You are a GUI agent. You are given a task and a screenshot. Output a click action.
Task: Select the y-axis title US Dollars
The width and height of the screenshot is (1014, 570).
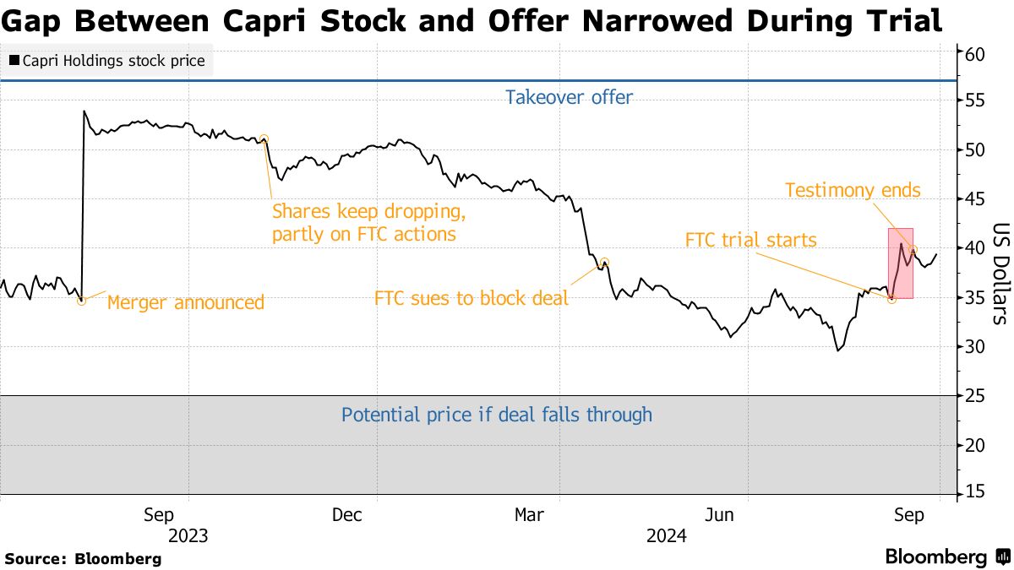(x=1000, y=274)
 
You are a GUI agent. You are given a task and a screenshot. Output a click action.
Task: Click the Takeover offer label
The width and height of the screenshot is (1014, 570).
(x=569, y=97)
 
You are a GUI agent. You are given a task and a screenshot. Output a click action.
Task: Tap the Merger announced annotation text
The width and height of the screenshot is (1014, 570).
(x=186, y=301)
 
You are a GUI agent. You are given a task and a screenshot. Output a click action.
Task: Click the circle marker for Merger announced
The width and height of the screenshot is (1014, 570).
(x=81, y=301)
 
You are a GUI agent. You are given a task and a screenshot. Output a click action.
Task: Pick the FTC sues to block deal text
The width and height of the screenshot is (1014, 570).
(x=472, y=298)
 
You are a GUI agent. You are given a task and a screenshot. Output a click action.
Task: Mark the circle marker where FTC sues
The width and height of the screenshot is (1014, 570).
(x=604, y=263)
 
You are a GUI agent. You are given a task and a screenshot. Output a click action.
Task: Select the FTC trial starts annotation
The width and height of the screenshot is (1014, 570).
(x=750, y=241)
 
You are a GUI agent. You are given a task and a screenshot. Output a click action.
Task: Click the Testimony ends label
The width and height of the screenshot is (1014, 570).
(x=853, y=190)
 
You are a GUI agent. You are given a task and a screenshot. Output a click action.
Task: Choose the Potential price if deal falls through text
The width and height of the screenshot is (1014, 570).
(x=497, y=415)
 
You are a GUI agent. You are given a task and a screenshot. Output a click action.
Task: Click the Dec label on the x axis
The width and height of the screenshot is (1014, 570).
(x=347, y=515)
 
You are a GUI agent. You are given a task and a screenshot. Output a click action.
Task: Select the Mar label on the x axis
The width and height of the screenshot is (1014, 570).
(x=531, y=515)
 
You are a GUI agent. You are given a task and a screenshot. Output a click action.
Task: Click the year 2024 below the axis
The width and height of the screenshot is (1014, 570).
(x=666, y=535)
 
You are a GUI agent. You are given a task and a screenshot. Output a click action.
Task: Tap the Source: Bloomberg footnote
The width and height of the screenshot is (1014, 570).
(x=83, y=558)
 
